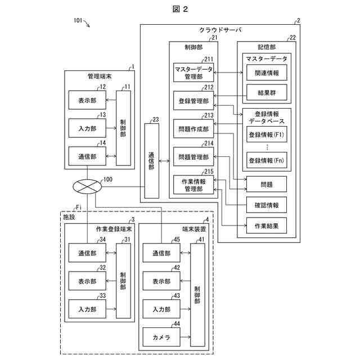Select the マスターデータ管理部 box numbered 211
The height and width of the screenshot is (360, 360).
point(193,73)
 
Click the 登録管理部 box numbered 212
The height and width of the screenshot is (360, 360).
point(193,101)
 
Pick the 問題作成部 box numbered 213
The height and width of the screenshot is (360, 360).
point(193,129)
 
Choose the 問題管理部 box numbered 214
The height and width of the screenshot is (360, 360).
point(193,157)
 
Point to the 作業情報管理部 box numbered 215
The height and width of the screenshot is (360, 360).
point(193,185)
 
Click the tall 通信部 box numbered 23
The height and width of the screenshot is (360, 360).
point(151,160)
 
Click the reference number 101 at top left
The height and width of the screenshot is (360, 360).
point(80,21)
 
